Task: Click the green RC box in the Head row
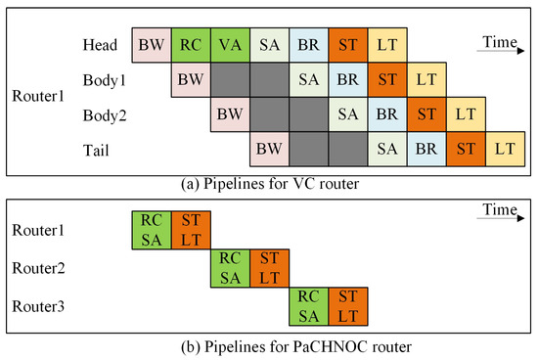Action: coord(191,45)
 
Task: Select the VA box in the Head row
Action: coord(230,45)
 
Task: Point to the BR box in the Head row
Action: coord(309,45)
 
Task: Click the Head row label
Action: coord(101,45)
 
